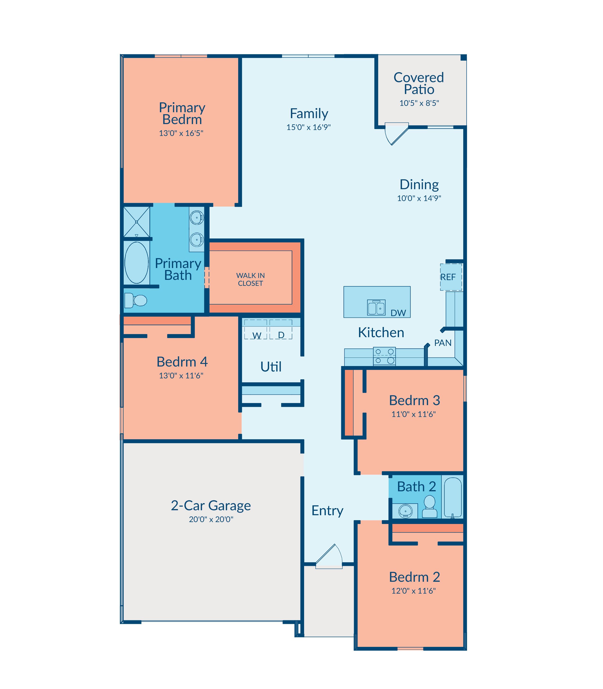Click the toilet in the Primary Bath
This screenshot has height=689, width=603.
135,300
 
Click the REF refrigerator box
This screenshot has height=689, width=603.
451,277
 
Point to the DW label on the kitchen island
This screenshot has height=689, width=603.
398,313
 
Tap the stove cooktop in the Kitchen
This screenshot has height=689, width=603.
384,356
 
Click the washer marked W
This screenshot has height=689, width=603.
256,329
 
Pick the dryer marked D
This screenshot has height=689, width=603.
281,329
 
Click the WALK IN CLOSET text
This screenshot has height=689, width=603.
250,279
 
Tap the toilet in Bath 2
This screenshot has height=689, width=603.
430,507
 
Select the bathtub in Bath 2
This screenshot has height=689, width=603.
453,497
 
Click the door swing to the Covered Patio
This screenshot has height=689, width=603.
397,134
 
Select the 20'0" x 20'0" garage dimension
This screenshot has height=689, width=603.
211,519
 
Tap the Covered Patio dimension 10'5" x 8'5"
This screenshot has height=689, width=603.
419,103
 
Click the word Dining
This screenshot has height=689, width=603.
419,185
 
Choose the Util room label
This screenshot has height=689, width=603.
271,367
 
